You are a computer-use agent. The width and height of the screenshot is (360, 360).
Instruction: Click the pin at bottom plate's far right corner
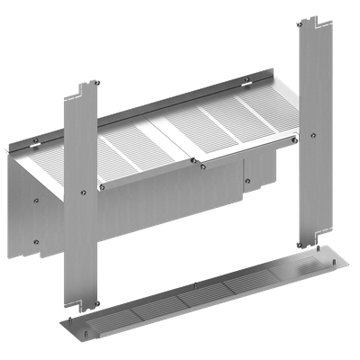tap(341, 260)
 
